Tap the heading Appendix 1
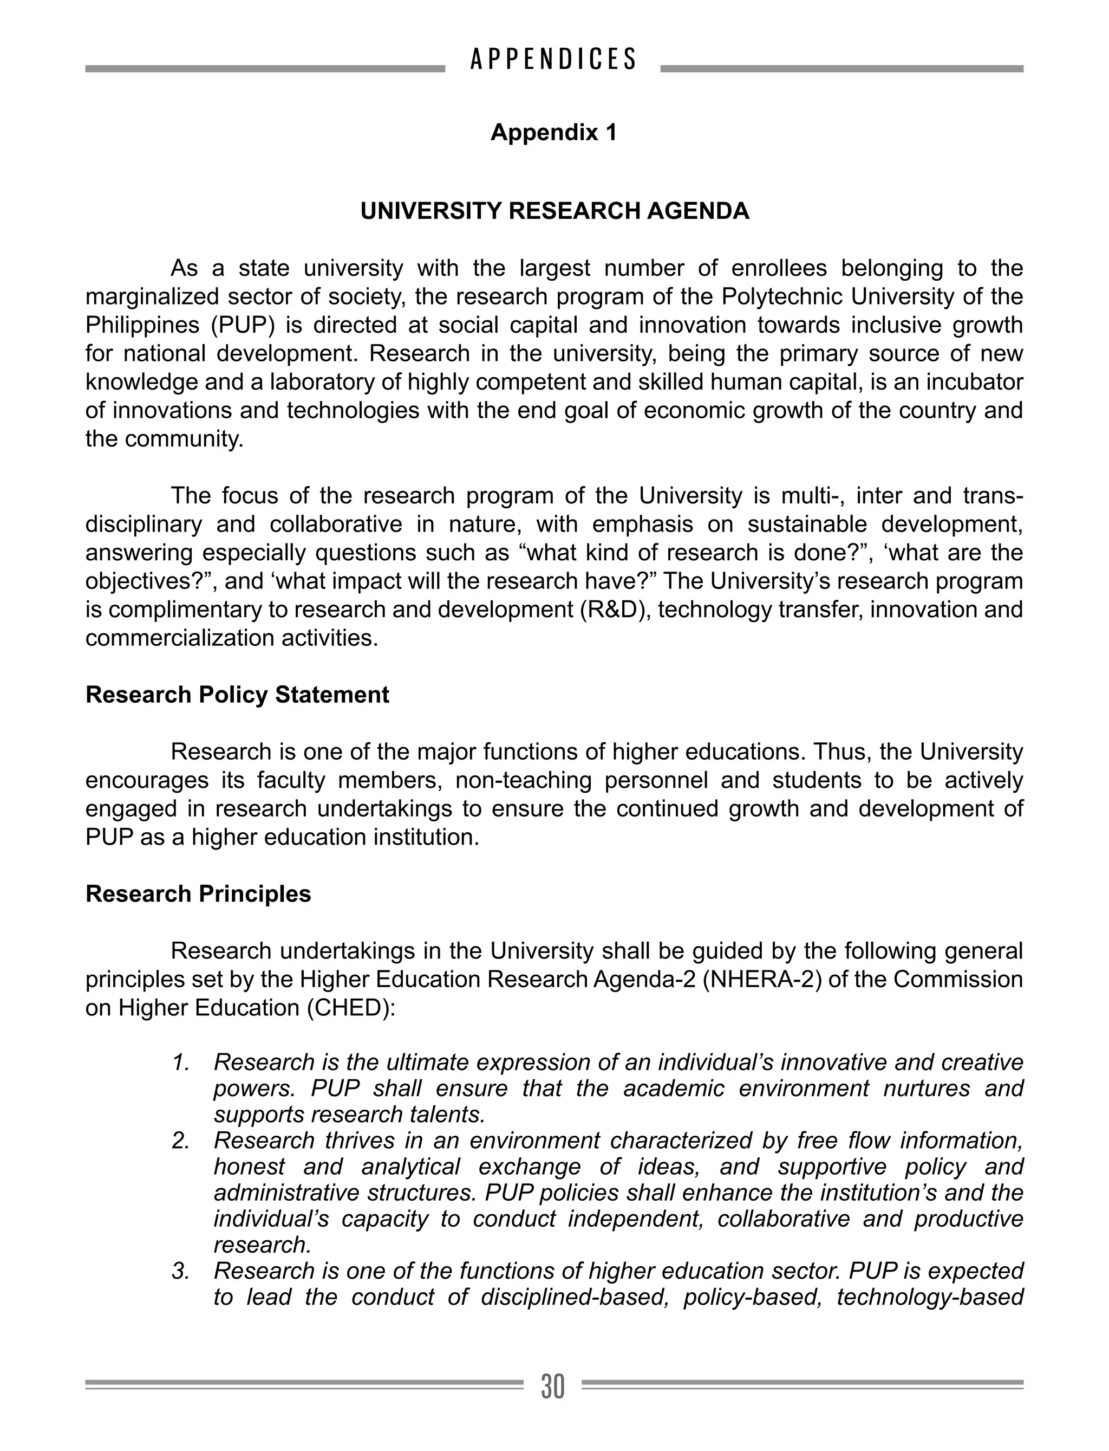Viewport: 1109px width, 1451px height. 553,133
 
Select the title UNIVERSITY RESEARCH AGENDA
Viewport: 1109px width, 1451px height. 554,211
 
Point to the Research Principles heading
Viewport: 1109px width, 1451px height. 198,893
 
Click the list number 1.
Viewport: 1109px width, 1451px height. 181,1063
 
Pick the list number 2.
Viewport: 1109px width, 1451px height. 181,1141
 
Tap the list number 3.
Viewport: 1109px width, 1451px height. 181,1271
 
